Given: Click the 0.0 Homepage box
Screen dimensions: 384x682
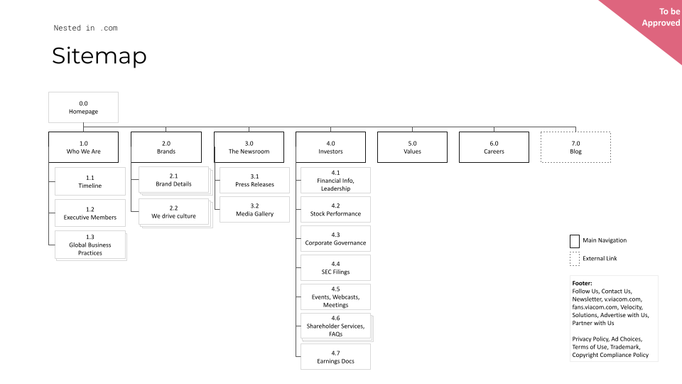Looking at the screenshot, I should click(83, 107).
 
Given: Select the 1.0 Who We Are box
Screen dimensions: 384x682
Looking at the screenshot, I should click(83, 147).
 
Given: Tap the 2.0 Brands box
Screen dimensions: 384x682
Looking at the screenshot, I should click(166, 147).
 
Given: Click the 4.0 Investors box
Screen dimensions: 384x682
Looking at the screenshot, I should click(330, 147).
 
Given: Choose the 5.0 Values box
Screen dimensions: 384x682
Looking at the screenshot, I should click(412, 147).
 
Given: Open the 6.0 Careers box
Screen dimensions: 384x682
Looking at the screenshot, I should click(494, 147).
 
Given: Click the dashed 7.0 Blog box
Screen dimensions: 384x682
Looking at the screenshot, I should click(575, 147).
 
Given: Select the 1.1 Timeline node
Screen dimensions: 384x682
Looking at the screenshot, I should click(90, 181).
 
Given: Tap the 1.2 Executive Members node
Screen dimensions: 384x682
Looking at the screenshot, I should click(90, 213).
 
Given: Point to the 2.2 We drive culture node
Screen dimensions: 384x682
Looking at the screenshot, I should click(173, 211).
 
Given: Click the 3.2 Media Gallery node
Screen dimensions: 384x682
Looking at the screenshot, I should click(254, 209).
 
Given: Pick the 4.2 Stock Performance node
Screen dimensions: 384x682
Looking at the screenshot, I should click(335, 209).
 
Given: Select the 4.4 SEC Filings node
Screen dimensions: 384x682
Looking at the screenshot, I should click(335, 268).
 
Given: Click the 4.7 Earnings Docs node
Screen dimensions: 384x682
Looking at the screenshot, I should click(335, 357).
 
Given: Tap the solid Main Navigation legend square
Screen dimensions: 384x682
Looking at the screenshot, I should click(575, 241).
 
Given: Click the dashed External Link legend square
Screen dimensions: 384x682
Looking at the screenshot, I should click(575, 259).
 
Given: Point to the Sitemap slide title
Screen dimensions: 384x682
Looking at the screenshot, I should click(99, 56).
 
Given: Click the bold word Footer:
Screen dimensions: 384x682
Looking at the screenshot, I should click(582, 283).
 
